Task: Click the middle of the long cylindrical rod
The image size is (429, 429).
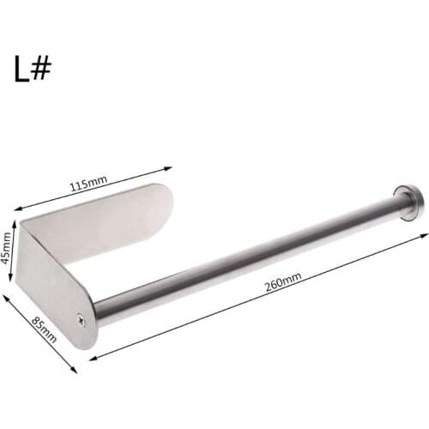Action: pyautogui.click(x=249, y=257)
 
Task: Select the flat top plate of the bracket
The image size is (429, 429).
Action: pyautogui.click(x=103, y=219)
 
